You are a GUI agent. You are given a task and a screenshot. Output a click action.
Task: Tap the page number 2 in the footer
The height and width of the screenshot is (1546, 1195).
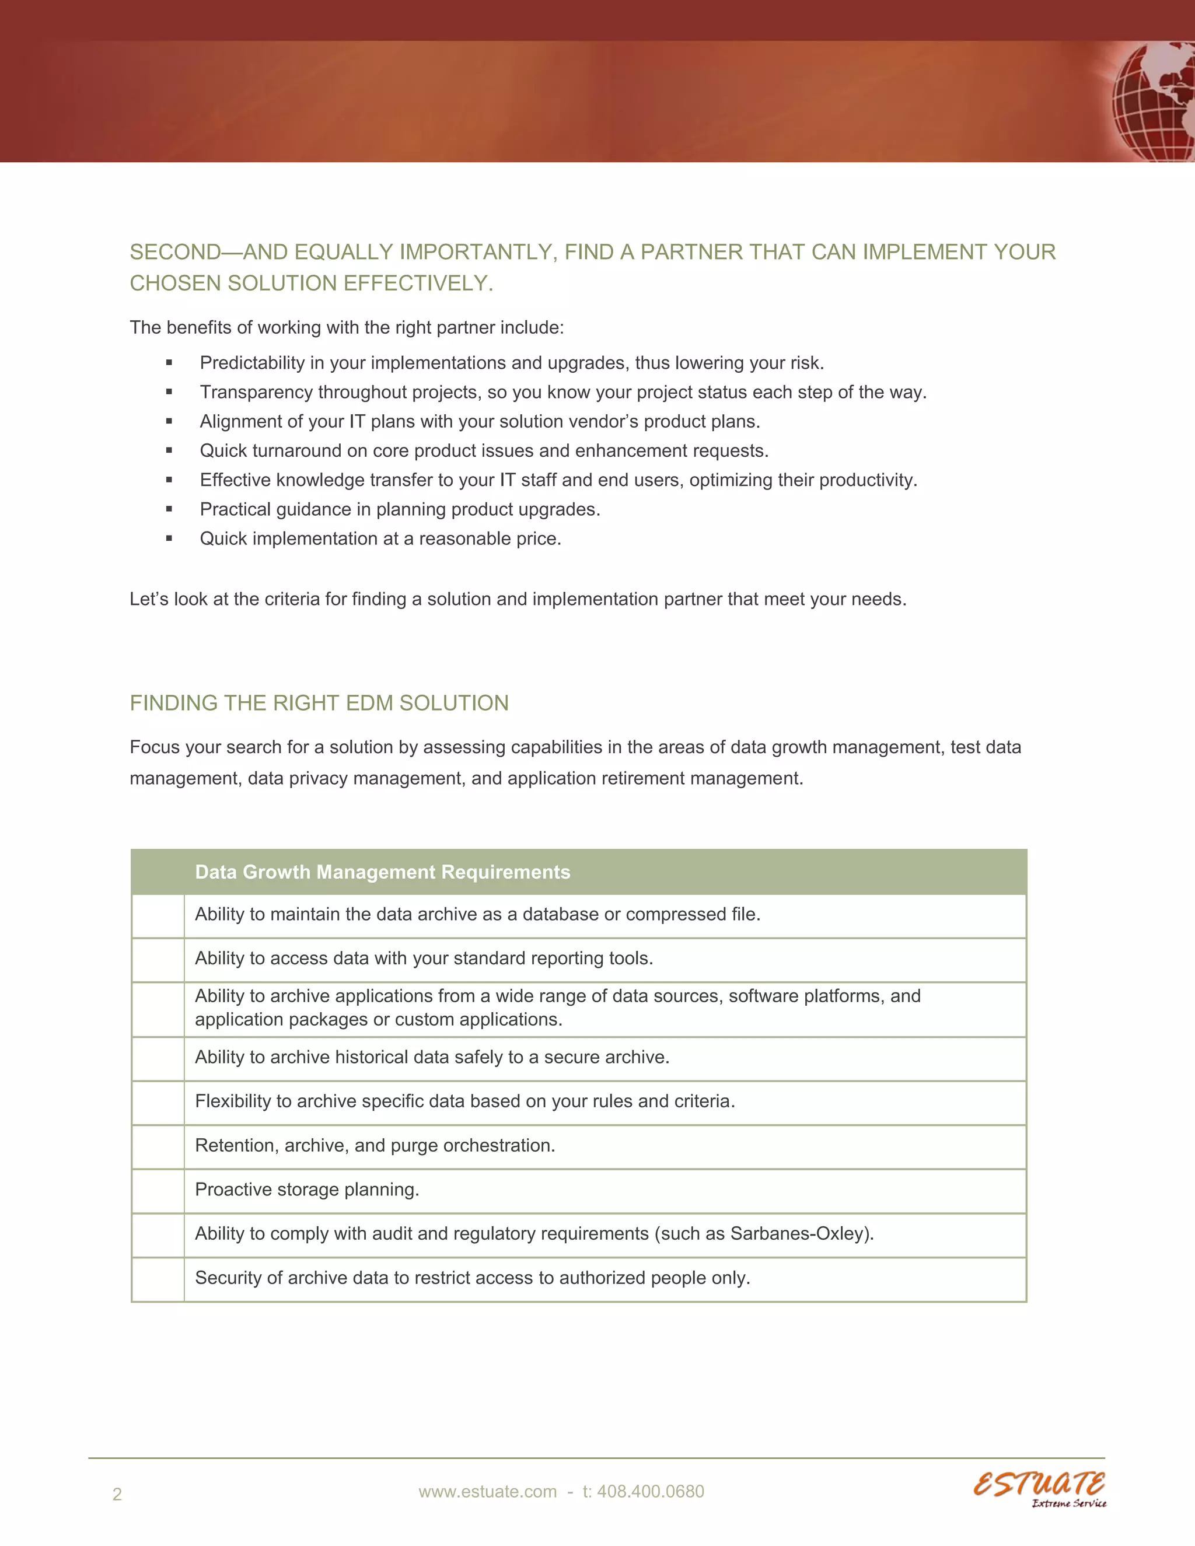tap(117, 1494)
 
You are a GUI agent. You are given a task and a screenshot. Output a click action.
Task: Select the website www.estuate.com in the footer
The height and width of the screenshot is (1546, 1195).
tap(487, 1492)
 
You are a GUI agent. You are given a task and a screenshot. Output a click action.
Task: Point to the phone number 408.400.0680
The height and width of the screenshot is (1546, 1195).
tap(650, 1492)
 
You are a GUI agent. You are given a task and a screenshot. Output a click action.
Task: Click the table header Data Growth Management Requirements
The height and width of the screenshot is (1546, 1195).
tap(382, 872)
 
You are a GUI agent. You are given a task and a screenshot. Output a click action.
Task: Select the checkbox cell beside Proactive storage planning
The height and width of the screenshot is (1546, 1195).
tap(158, 1191)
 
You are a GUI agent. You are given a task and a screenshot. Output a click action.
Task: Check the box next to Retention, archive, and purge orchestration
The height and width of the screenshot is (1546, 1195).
tap(158, 1147)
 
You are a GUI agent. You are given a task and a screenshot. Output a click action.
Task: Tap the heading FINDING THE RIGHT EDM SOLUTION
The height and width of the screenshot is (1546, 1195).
tap(319, 703)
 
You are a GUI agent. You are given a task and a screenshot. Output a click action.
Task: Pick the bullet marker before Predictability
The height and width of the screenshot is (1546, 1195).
tap(169, 363)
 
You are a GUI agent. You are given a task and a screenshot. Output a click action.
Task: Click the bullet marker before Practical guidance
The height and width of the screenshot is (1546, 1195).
tap(169, 510)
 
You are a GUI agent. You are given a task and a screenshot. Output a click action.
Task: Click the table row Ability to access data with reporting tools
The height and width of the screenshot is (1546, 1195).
tap(424, 959)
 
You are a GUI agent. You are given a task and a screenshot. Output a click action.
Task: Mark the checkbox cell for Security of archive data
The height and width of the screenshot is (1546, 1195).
tap(158, 1279)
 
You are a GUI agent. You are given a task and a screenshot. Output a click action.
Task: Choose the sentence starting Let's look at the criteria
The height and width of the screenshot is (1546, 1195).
tap(518, 600)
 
